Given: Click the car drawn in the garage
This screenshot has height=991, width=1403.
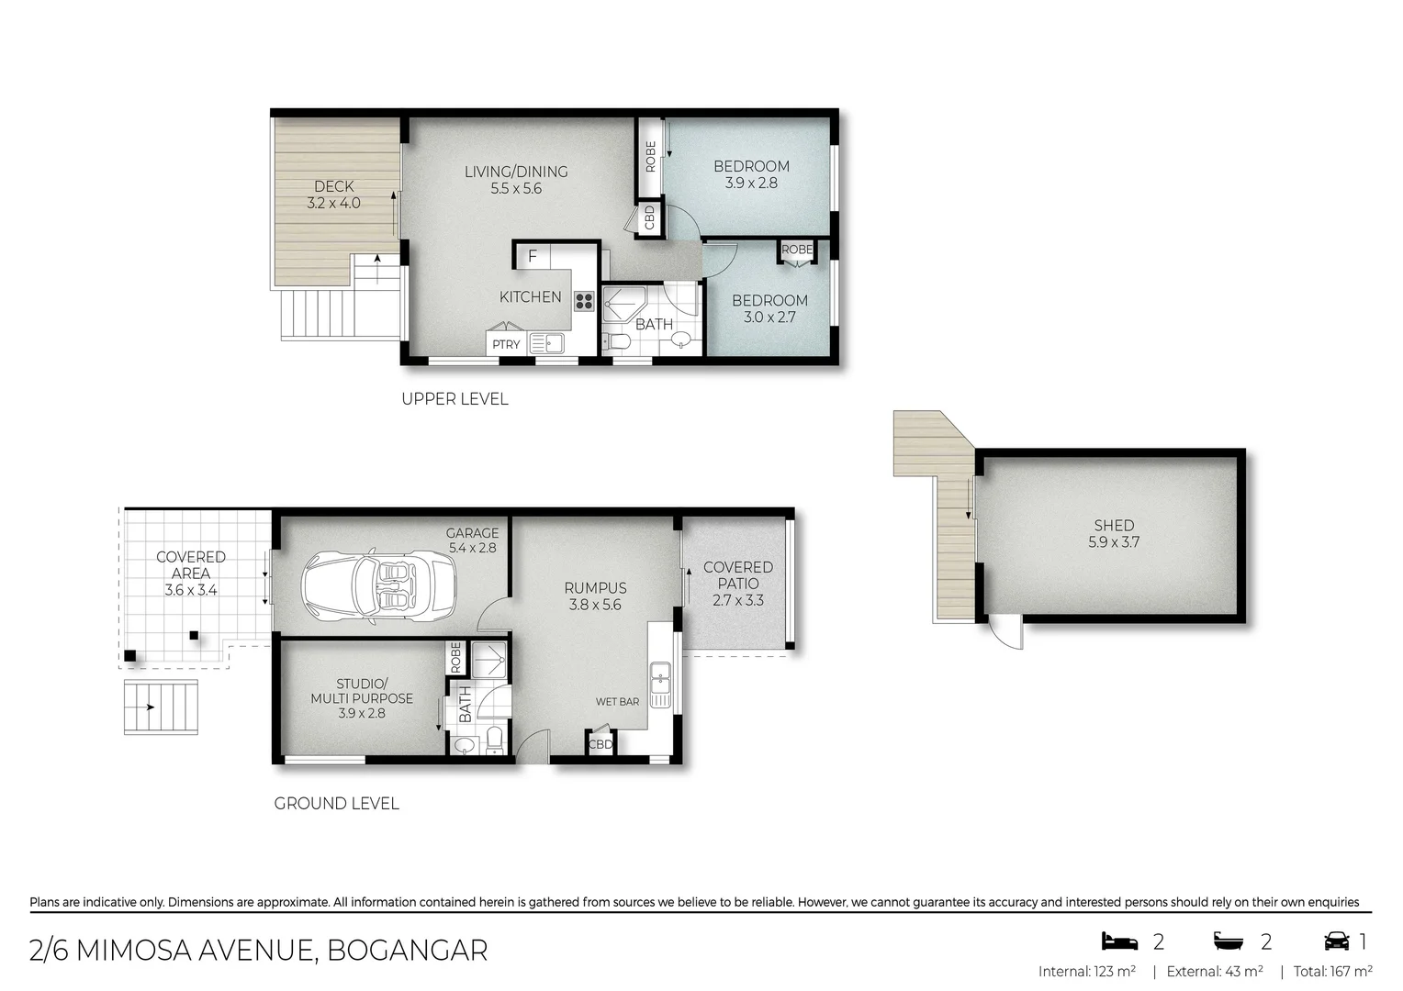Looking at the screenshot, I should point(378,587).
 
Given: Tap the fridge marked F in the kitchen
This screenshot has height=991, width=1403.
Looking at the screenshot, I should point(532,256).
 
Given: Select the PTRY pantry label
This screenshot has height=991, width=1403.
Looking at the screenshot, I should point(506,345).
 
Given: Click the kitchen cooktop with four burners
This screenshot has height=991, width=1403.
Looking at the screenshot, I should point(584,301).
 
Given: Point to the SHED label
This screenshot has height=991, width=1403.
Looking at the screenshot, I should point(1114,526).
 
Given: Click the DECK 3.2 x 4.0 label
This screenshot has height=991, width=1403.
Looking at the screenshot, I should point(333,195).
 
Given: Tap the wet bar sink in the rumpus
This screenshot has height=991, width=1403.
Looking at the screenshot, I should point(660,684).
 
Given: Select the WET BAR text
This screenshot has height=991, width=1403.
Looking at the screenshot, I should point(617,702).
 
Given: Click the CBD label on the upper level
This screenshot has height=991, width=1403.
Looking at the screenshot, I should point(650,217).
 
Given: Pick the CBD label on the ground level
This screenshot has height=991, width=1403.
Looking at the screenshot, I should point(600,744).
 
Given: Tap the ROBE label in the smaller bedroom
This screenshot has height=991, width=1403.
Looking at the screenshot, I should point(796,250).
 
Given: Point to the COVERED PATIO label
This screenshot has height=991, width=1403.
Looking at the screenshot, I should point(738,575).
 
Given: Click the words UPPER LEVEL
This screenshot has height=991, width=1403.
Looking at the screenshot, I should point(455,399).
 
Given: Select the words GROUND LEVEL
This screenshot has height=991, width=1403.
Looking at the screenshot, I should point(336,804).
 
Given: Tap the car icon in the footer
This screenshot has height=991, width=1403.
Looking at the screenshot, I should point(1336,941).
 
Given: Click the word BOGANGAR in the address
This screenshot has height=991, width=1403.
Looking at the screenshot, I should point(407,951).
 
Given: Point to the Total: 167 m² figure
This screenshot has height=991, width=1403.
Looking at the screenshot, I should point(1332,971).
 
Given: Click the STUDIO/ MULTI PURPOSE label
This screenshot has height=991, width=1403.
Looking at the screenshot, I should point(362,698).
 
